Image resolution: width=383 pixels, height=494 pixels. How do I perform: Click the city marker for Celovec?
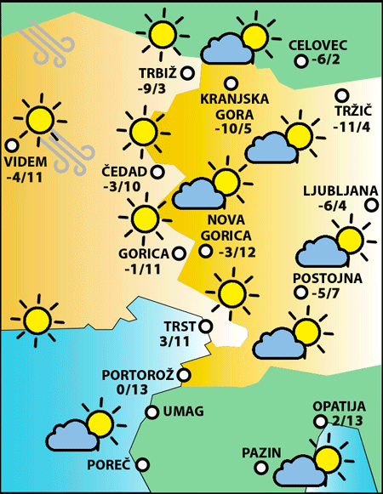point(300,61)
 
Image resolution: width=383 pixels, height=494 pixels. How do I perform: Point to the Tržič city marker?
point(342,96)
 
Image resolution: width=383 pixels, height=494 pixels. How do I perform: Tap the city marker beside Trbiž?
point(189,73)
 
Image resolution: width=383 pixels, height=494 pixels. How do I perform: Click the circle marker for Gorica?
point(179,253)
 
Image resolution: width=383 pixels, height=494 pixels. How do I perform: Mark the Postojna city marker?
point(300,292)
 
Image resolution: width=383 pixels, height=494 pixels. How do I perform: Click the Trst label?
point(179,326)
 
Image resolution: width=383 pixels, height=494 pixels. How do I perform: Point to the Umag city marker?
point(152,412)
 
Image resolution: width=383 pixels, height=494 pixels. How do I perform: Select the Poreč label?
point(109,465)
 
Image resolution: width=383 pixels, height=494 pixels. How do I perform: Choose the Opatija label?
point(338,406)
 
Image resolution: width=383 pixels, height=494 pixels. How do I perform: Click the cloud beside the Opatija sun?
point(294,468)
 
